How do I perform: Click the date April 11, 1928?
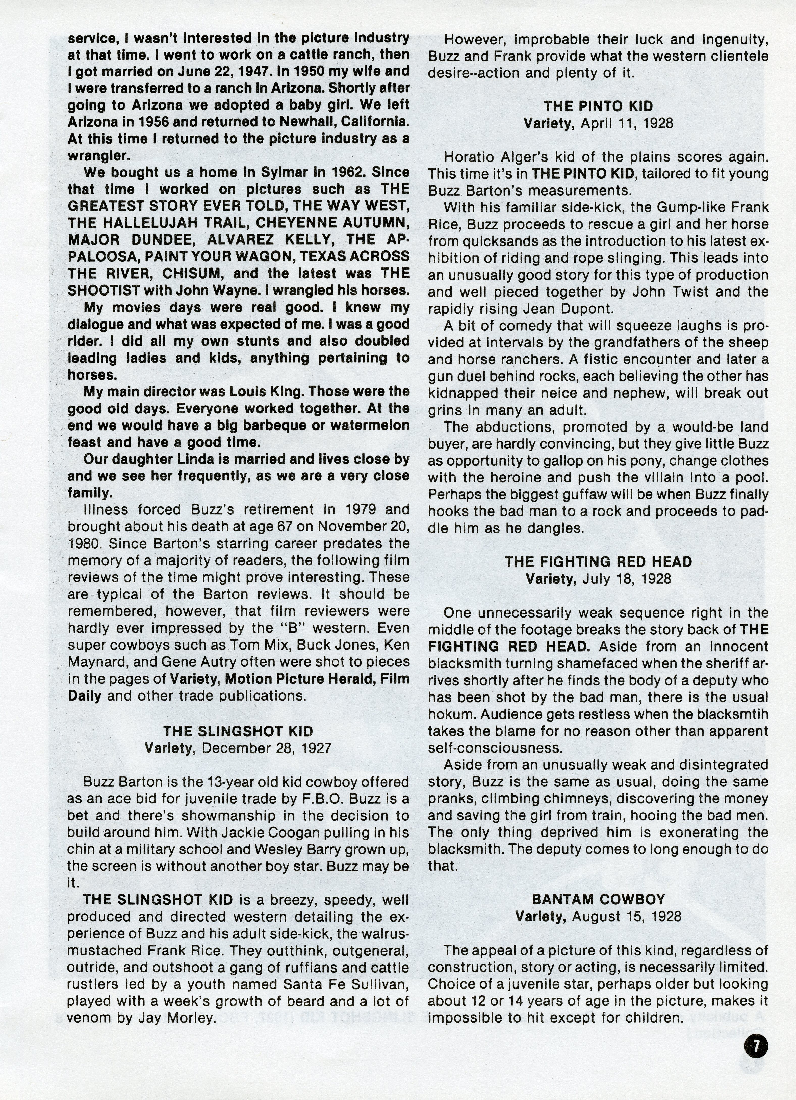[x=627, y=123]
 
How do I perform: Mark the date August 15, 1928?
[x=627, y=916]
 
